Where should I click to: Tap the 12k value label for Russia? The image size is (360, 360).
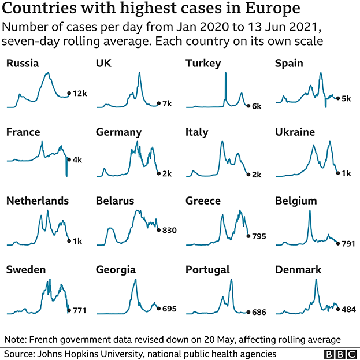[79, 94]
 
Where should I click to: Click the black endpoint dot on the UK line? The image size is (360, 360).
[159, 103]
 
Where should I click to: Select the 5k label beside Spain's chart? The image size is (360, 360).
[346, 99]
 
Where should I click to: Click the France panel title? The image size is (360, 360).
[23, 132]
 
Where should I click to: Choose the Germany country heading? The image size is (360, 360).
[118, 132]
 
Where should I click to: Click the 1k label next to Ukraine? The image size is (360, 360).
[346, 173]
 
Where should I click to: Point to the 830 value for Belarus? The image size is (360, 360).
[169, 230]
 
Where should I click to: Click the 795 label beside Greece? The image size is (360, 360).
[259, 236]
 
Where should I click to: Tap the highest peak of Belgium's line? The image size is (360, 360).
[310, 212]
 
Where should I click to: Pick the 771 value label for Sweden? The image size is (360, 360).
[79, 310]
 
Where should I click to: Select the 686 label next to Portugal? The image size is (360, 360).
[259, 312]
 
